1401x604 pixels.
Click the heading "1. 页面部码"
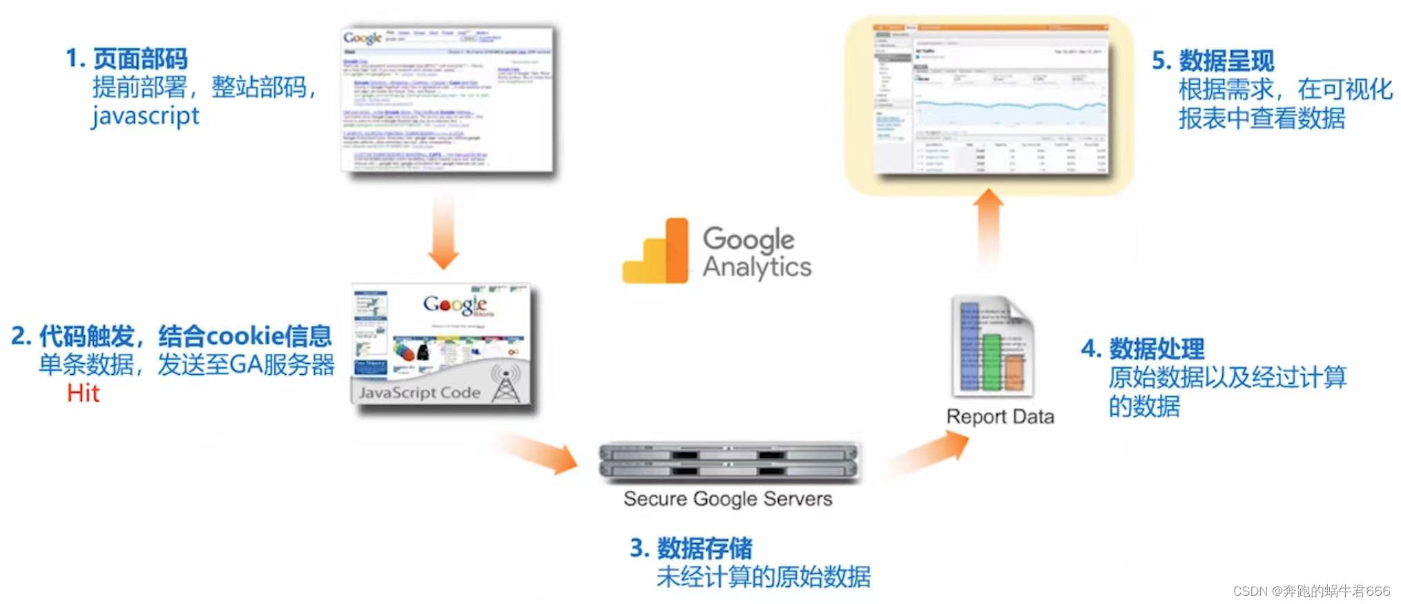click(126, 59)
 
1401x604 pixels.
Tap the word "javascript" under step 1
click(145, 116)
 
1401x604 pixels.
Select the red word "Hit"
click(83, 393)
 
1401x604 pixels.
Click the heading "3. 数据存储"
click(690, 548)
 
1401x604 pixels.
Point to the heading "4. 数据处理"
click(1143, 349)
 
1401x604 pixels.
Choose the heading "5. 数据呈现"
click(1212, 61)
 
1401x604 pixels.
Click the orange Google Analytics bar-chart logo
click(656, 253)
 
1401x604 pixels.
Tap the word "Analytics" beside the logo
click(757, 268)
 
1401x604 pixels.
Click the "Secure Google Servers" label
click(728, 498)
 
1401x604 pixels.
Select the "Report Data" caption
click(1000, 416)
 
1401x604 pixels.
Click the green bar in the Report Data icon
click(992, 362)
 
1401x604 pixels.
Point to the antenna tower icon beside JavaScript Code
click(506, 384)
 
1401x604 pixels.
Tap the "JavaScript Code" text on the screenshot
click(419, 393)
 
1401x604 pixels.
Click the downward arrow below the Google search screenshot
click(443, 235)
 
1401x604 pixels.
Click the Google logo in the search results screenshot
click(363, 38)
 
